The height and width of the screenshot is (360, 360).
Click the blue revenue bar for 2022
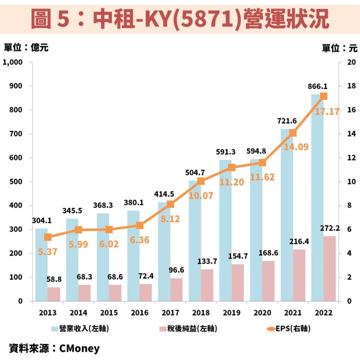pos(317,200)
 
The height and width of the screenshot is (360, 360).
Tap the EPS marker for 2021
pos(293,133)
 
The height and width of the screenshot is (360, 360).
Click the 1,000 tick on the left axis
pos(13,62)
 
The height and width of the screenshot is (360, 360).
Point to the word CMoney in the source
pos(79,348)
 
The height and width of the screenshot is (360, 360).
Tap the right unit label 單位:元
pos(339,48)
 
